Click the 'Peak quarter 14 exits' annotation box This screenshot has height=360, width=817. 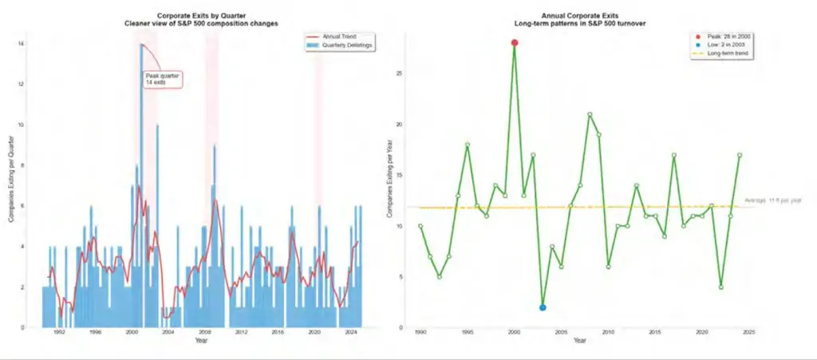click(163, 79)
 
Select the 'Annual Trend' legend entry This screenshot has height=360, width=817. click(341, 37)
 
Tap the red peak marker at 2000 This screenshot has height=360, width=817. click(515, 42)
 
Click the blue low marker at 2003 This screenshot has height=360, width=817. click(543, 307)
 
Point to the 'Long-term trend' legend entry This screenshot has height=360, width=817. click(726, 53)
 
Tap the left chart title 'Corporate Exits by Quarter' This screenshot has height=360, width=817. click(202, 16)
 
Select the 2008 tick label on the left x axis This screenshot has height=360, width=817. click(204, 333)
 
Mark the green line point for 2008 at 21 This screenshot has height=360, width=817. click(590, 114)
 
